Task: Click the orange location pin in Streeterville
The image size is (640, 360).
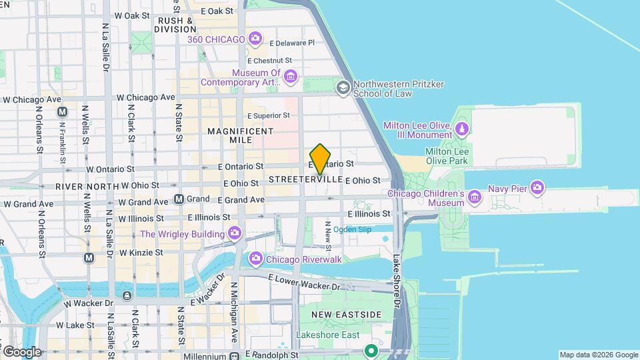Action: (321, 159)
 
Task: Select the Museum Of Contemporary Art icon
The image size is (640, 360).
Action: (290, 77)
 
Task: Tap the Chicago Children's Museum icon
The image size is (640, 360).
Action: (474, 197)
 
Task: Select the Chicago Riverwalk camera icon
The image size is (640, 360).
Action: (255, 259)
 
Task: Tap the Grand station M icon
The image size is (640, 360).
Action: (179, 199)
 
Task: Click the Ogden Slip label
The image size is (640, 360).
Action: (352, 230)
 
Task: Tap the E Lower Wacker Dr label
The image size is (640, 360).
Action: (304, 281)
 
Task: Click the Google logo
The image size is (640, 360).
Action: (21, 351)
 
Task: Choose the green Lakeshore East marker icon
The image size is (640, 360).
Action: (371, 350)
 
